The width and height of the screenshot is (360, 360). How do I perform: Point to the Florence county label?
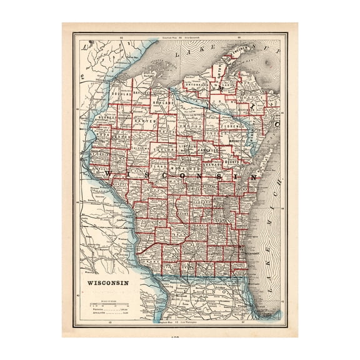(232, 133)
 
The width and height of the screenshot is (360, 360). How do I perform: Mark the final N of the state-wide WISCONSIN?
(252, 176)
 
